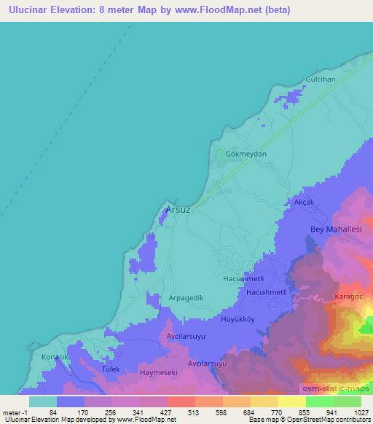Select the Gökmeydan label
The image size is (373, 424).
click(244, 154)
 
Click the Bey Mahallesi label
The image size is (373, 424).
click(336, 229)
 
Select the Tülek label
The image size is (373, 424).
click(90, 369)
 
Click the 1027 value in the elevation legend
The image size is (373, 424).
click(352, 412)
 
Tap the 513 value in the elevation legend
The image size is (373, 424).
click(183, 412)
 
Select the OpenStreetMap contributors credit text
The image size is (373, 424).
click(331, 420)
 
